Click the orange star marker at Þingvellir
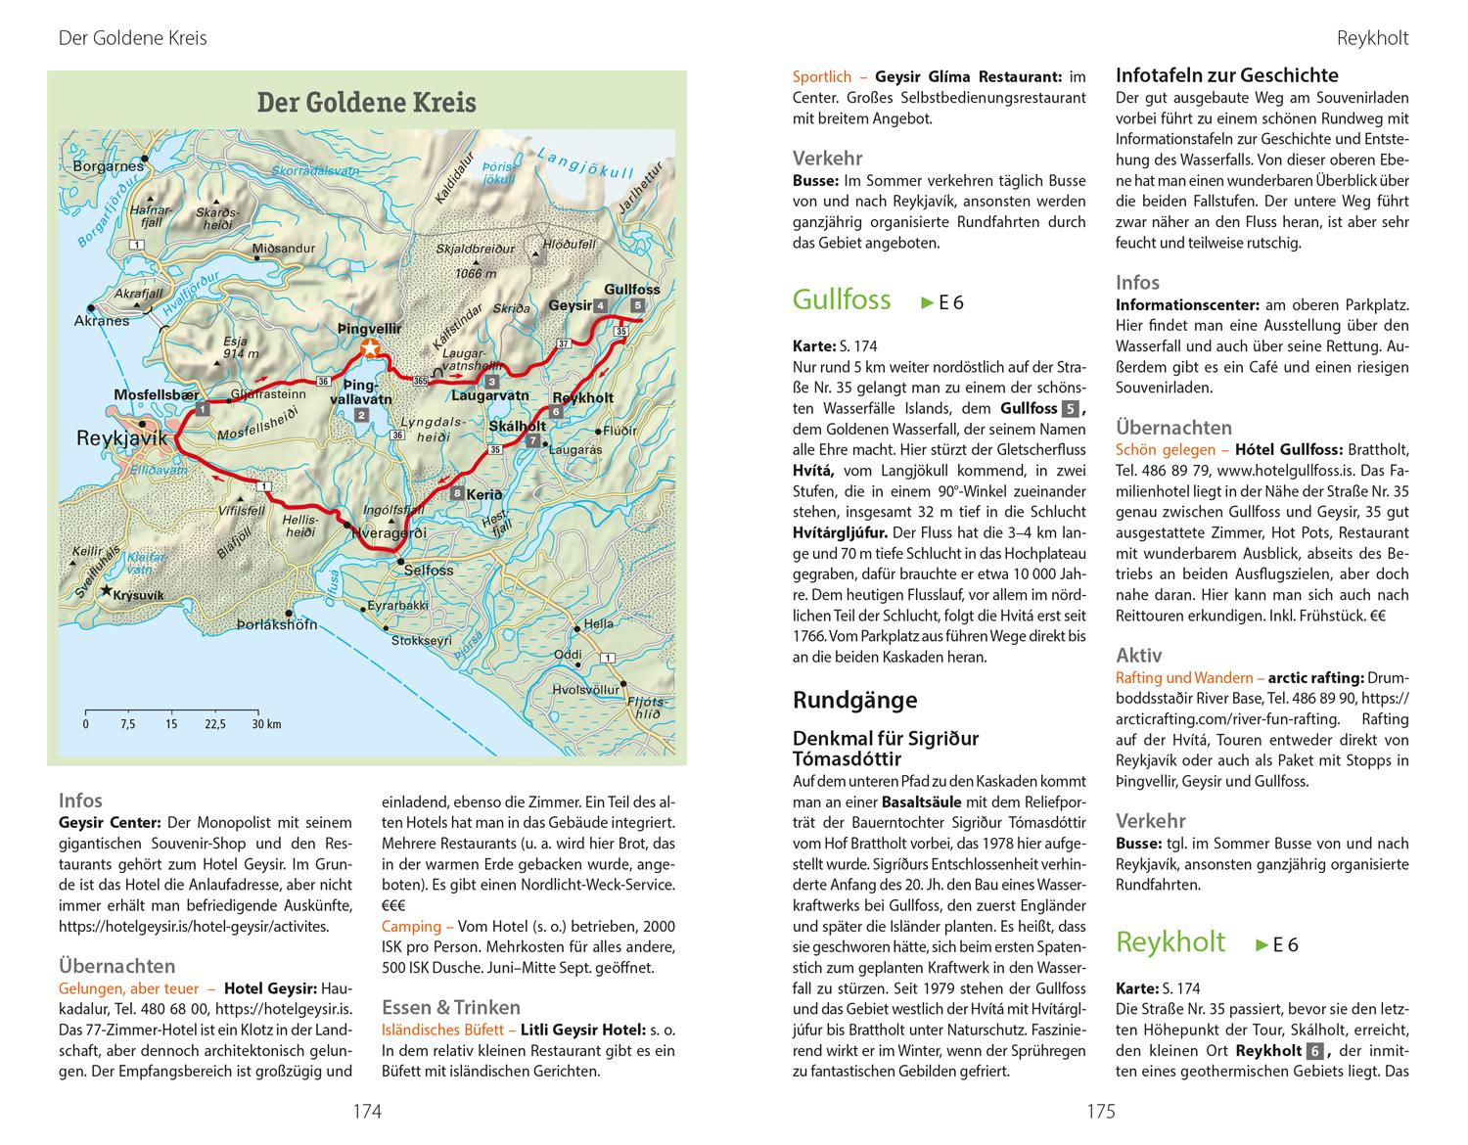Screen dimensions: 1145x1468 pos(370,349)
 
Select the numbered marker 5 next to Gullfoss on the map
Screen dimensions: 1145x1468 pos(638,306)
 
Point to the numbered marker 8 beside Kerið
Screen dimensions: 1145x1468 pos(457,494)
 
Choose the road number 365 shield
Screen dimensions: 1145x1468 pos(421,379)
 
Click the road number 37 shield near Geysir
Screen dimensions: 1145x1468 pos(563,343)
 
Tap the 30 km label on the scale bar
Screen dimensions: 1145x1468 pos(266,724)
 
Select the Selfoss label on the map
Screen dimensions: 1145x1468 pos(428,570)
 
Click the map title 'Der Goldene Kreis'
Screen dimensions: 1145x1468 pos(366,102)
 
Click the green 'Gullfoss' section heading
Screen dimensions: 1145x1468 pos(842,299)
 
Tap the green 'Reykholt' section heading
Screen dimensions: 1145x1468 pos(1170,942)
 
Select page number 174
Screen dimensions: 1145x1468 pos(367,1111)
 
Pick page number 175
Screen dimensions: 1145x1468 pos(1101,1111)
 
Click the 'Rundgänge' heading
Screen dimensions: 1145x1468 pos(854,700)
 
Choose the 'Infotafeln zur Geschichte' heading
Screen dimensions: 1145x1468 pos(1226,75)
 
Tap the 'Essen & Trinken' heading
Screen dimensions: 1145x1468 pos(450,1007)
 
